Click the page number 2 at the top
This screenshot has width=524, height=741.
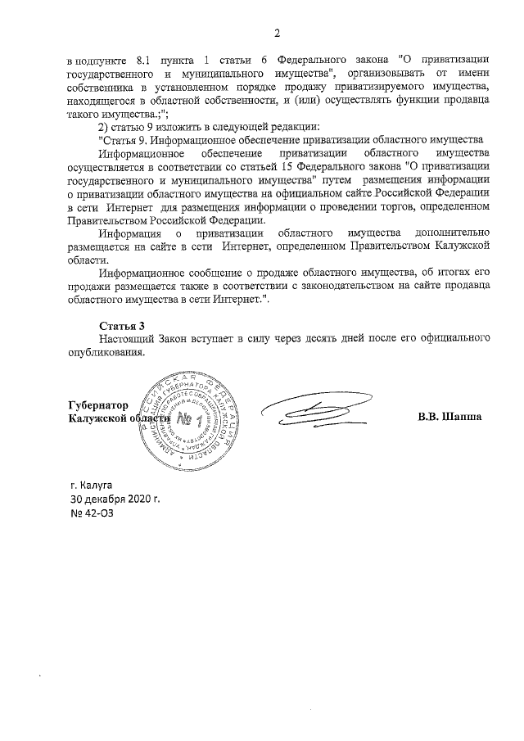pos(277,34)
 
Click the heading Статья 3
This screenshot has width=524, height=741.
pos(120,326)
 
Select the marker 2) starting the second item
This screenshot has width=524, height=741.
pos(103,127)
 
